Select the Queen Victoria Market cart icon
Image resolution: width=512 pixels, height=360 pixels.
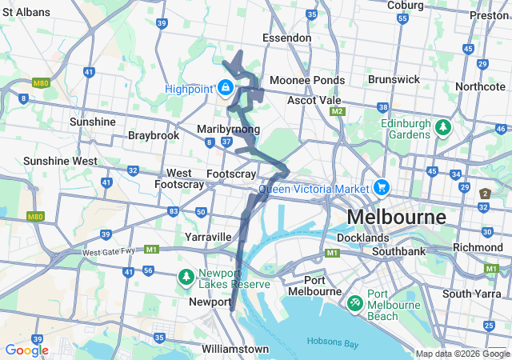coord(381,188)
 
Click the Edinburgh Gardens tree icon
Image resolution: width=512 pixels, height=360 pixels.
coord(441,126)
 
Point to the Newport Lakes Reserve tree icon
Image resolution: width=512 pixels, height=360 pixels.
coord(186,277)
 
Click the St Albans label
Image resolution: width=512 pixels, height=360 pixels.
coord(26,13)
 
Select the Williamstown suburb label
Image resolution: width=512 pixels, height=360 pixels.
coord(235,349)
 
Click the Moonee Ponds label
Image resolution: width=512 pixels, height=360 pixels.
coord(307,80)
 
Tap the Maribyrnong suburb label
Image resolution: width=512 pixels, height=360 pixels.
coord(228,129)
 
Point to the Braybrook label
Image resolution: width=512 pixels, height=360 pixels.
coord(154,135)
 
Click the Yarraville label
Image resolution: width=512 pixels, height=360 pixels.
coord(208,237)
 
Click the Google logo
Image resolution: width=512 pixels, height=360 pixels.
coord(26,350)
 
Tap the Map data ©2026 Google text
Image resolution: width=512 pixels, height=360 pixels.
coord(462,354)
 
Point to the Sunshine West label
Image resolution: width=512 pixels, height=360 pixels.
coord(61,161)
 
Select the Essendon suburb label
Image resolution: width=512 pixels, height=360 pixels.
coord(287,38)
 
